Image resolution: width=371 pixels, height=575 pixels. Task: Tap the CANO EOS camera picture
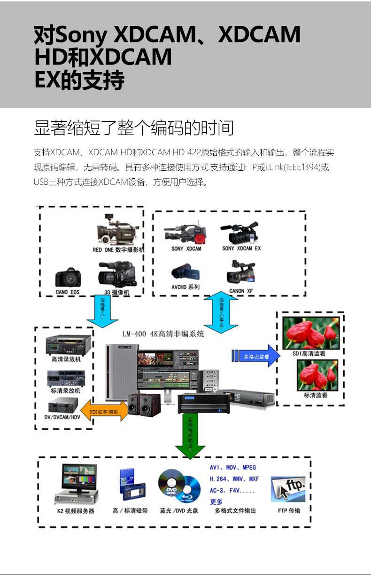tap(68, 278)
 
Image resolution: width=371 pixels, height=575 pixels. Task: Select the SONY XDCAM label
tap(186, 248)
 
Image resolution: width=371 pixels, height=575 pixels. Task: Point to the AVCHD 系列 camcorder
tap(185, 272)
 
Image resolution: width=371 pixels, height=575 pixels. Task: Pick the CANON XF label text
tap(241, 291)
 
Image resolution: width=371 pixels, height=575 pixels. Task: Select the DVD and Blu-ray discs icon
tap(179, 485)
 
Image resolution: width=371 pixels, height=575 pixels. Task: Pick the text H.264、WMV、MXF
tap(234, 479)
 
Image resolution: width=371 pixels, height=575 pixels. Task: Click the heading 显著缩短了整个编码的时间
tap(134, 128)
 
